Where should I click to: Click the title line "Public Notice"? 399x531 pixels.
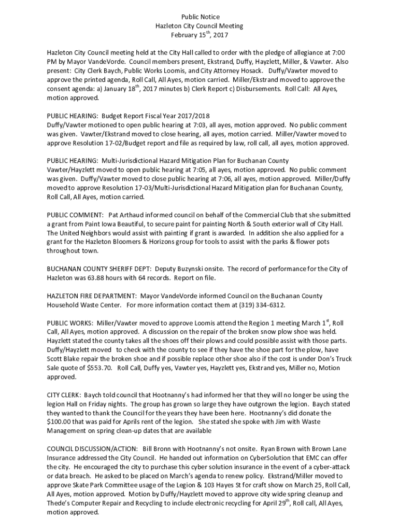pos(199,17)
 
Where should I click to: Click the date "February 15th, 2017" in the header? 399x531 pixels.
pos(199,35)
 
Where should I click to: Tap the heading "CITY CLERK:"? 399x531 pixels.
pos(64,395)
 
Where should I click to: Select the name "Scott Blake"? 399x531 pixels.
pos(64,358)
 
